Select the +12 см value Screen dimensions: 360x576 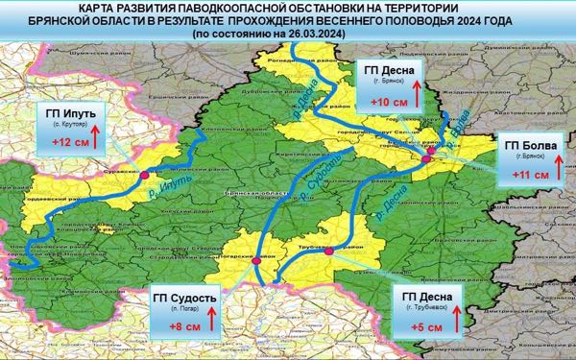tap(65, 143)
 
